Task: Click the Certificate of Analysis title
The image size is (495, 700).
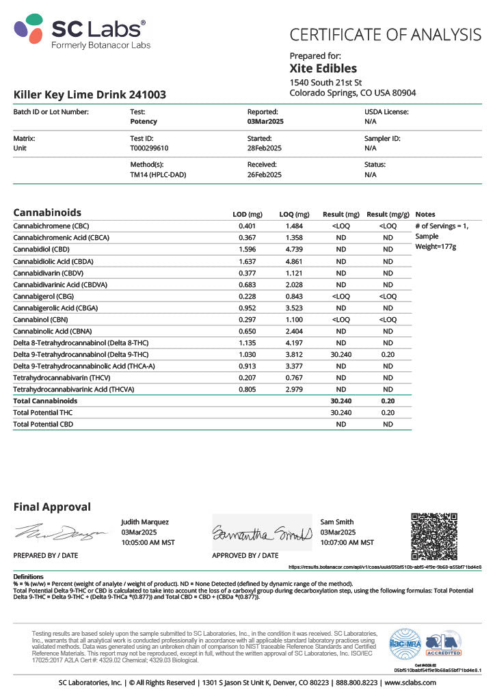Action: (x=386, y=34)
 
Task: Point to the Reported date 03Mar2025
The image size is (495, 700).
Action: (x=265, y=121)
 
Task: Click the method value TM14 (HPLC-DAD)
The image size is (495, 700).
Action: (x=158, y=174)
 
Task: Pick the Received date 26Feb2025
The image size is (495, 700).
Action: (x=265, y=174)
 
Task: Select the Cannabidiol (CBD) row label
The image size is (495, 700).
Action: (x=42, y=249)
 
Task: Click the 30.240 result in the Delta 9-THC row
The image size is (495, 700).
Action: (x=340, y=355)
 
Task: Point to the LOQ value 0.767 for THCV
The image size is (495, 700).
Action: (x=295, y=378)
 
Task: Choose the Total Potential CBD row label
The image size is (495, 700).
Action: (x=43, y=424)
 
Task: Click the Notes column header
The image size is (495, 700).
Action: (x=425, y=214)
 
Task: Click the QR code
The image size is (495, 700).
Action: (x=433, y=536)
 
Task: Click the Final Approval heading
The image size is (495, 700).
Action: (x=52, y=507)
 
